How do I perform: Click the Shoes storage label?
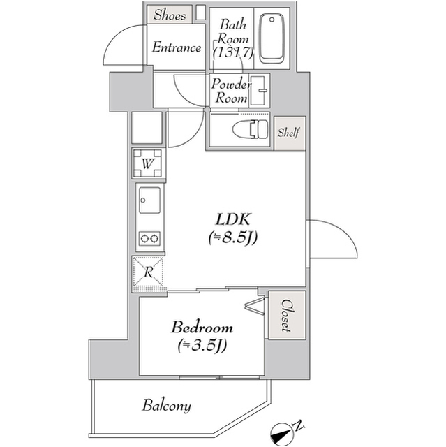click(170, 14)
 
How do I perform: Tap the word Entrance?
click(177, 47)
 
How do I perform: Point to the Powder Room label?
click(232, 91)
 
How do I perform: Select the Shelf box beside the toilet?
click(289, 133)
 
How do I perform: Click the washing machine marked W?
click(148, 164)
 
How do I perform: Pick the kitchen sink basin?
click(149, 201)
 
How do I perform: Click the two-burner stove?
click(149, 239)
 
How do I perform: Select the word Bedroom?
click(202, 328)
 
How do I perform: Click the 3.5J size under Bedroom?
click(204, 345)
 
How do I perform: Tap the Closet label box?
click(287, 316)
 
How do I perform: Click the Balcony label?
click(167, 405)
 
